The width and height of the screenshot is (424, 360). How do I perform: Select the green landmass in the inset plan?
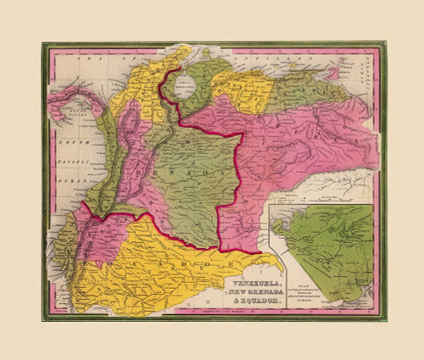[322, 246]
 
